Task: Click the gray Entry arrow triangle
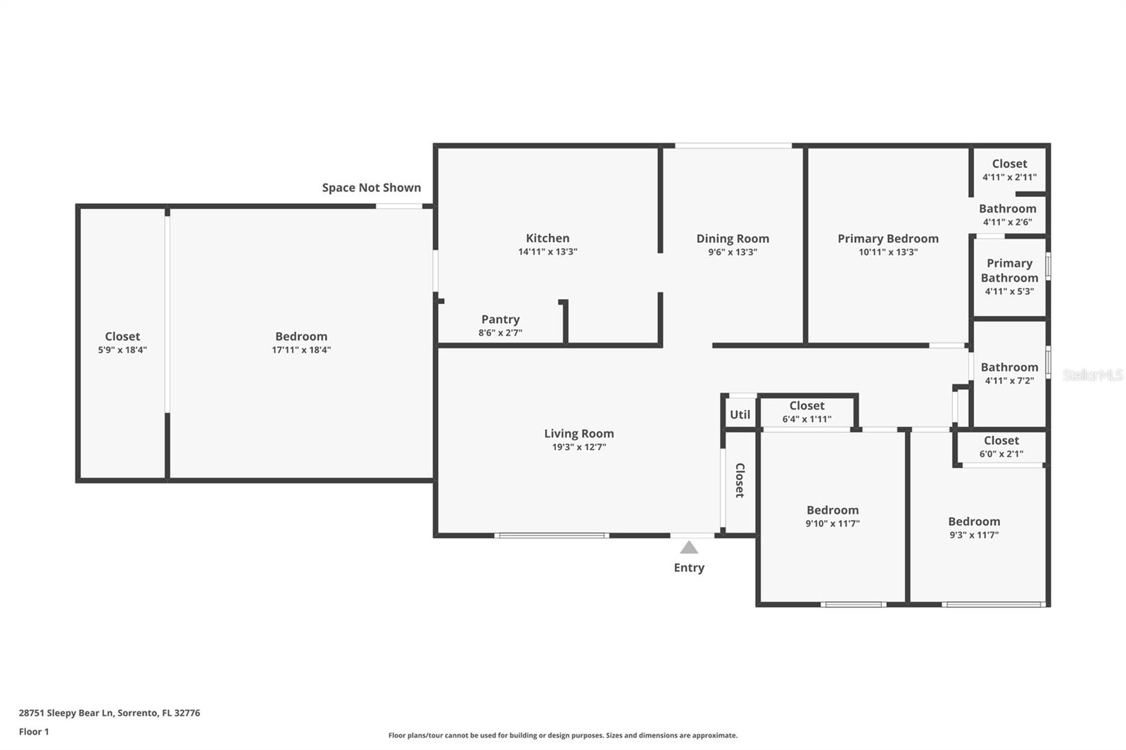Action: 689,547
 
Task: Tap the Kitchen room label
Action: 548,238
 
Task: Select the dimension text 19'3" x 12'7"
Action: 578,447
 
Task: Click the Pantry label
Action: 500,319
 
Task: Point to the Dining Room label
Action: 733,239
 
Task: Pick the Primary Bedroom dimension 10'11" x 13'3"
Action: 887,252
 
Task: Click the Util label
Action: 740,414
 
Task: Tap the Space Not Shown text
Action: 372,187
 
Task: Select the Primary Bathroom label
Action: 1009,270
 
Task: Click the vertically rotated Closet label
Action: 740,480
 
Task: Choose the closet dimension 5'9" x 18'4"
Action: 122,350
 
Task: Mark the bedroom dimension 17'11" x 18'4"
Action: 301,350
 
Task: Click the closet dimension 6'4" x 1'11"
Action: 806,419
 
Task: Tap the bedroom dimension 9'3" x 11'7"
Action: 974,535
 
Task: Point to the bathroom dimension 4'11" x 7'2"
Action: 1009,381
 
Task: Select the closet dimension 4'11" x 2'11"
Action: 1009,177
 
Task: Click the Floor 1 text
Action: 34,732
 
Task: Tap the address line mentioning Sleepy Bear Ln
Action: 109,713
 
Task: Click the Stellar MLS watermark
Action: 1092,375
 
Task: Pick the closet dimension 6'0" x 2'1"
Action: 1001,454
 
